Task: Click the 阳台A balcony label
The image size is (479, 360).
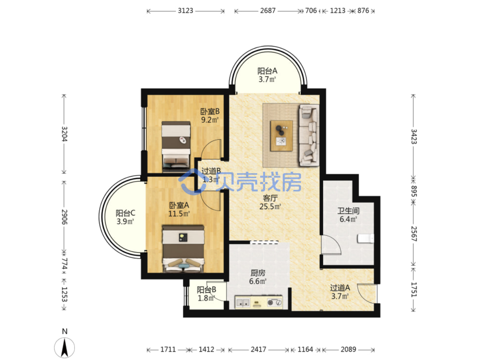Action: pos(267,71)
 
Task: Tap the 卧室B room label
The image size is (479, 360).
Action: pos(210,112)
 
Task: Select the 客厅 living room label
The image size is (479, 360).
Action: pos(270,198)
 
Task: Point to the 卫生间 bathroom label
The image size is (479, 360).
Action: pos(348,211)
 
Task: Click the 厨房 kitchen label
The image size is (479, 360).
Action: pos(258,273)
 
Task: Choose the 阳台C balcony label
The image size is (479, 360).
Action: pos(125,213)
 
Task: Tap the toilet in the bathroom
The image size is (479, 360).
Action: pos(365,238)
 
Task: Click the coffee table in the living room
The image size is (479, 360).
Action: pos(281,136)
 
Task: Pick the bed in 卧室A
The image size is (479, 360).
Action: pos(183,249)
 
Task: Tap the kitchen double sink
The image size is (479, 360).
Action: pos(243,303)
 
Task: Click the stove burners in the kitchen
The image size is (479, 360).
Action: pos(274,302)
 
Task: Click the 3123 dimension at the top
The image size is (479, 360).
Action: pos(186,11)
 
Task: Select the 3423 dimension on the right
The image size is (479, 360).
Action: pos(414,137)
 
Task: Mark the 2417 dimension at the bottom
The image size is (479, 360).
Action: pos(259,349)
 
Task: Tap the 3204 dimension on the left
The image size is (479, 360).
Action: pos(65,134)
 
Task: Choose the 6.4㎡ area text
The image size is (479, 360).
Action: pos(348,219)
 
